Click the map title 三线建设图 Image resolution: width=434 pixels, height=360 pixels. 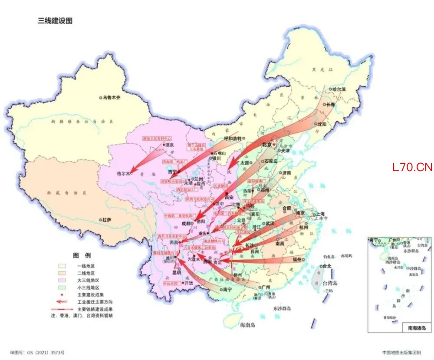55,21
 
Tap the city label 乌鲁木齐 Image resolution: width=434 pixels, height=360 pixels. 112,98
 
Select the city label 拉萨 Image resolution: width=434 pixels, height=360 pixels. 106,220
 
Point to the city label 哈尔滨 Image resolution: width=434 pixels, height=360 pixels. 339,89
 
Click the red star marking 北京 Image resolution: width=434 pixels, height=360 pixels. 274,145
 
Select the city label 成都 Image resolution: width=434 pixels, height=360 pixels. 185,224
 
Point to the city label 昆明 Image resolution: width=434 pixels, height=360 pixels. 177,273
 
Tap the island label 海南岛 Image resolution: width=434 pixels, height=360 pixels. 250,324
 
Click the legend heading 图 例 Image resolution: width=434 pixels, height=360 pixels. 82,255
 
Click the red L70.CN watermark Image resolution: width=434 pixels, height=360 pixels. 412,167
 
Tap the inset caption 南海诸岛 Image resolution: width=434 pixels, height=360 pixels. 417,328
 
